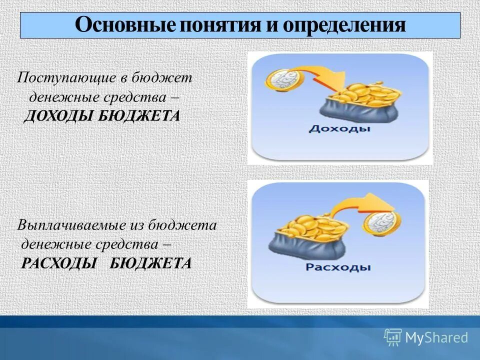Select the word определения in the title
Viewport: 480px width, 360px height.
tap(344, 25)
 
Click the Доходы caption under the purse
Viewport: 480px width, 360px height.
tap(339, 129)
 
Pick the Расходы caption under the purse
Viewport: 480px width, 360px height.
tap(338, 267)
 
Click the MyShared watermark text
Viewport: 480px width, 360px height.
tap(436, 338)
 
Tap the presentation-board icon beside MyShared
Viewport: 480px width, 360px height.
tap(393, 337)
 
